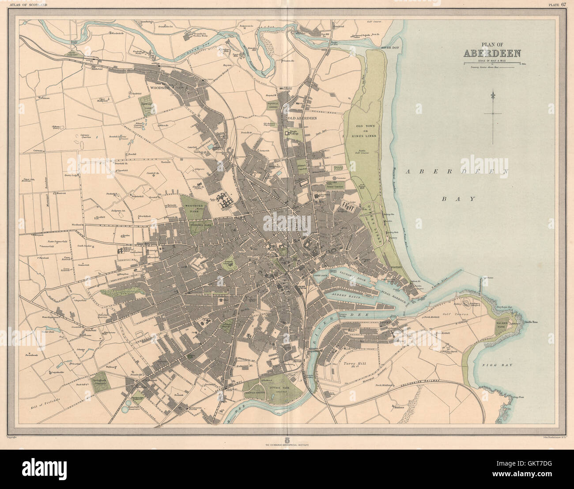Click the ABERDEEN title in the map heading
click(492, 54)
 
